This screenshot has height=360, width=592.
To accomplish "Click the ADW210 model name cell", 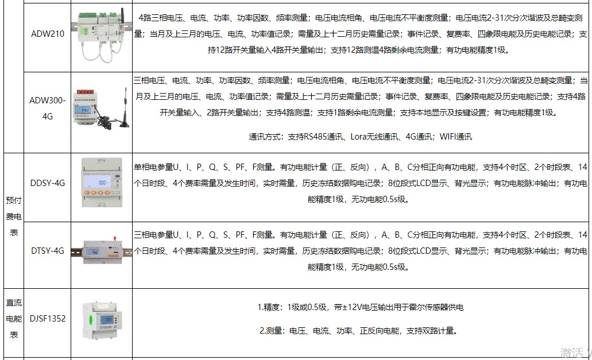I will [48, 33].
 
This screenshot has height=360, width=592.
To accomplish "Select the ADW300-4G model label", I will [48, 107].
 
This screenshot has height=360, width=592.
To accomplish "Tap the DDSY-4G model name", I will [48, 183].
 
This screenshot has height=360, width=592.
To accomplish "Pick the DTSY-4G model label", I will [48, 250].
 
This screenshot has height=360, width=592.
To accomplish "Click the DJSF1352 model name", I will [48, 318].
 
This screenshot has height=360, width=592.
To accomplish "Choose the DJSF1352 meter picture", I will [102, 318].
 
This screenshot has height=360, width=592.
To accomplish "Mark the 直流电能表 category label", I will [13, 319].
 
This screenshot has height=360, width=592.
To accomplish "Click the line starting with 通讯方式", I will [360, 137].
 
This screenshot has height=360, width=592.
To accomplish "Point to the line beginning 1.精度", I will [360, 307].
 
